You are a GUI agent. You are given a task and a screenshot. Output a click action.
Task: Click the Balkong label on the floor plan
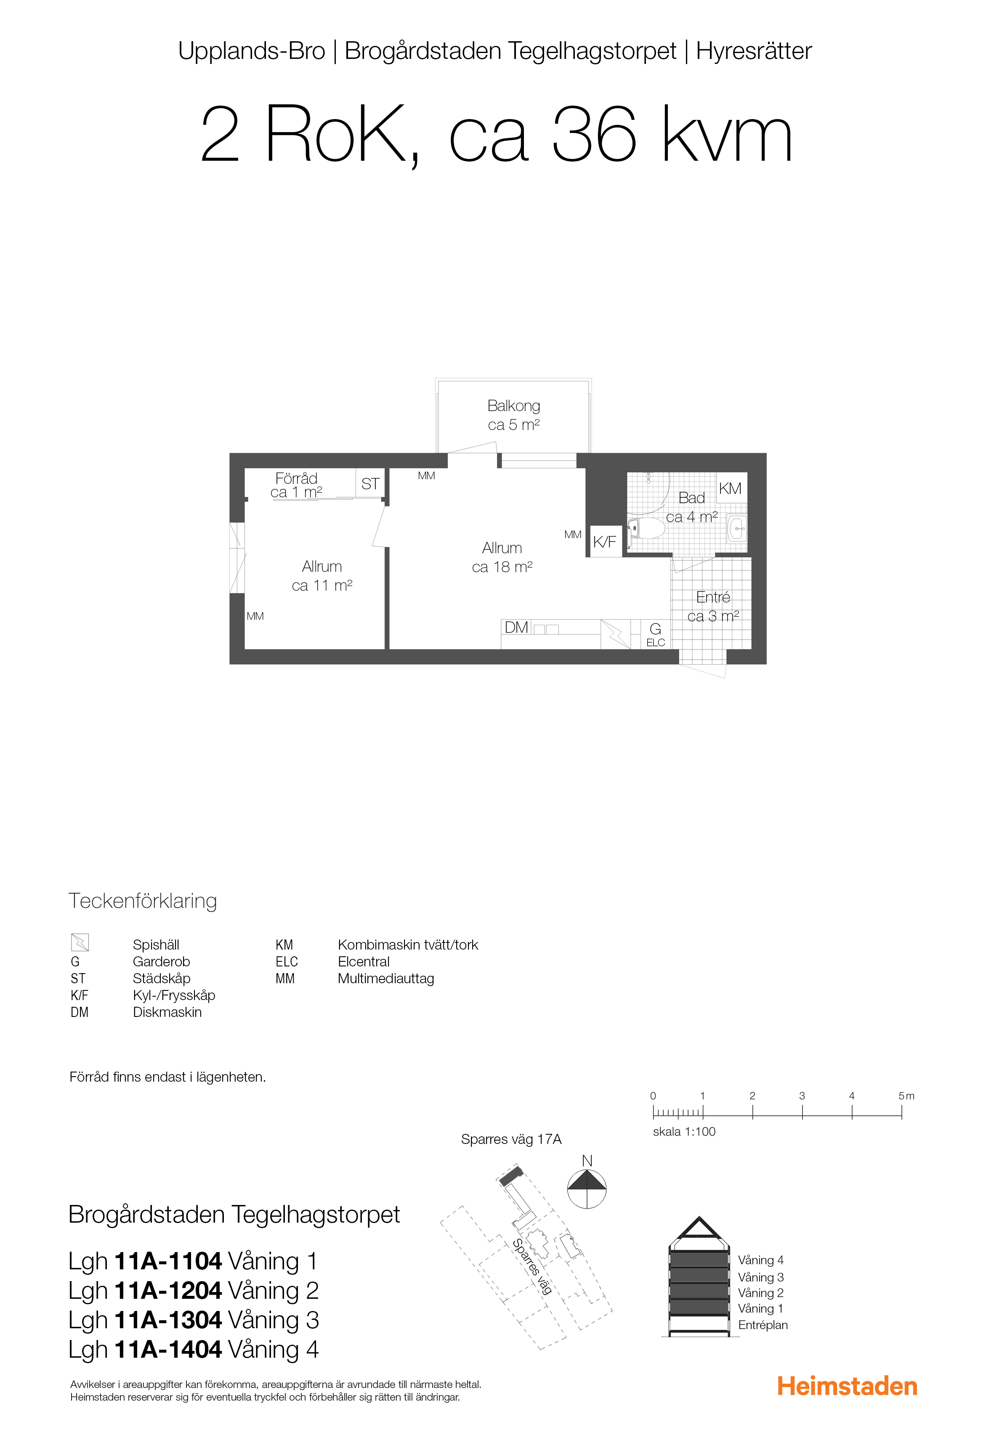click(x=514, y=406)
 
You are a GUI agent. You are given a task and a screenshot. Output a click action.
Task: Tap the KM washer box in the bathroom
click(x=731, y=488)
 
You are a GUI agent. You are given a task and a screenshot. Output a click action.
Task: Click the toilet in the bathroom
click(x=647, y=529)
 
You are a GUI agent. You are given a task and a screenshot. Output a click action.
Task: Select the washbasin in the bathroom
click(x=737, y=529)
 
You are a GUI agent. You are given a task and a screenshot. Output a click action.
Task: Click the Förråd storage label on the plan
click(x=296, y=478)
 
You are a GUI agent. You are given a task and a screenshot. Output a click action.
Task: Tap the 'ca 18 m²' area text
click(x=502, y=567)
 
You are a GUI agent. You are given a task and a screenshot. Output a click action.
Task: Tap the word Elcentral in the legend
click(x=364, y=961)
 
